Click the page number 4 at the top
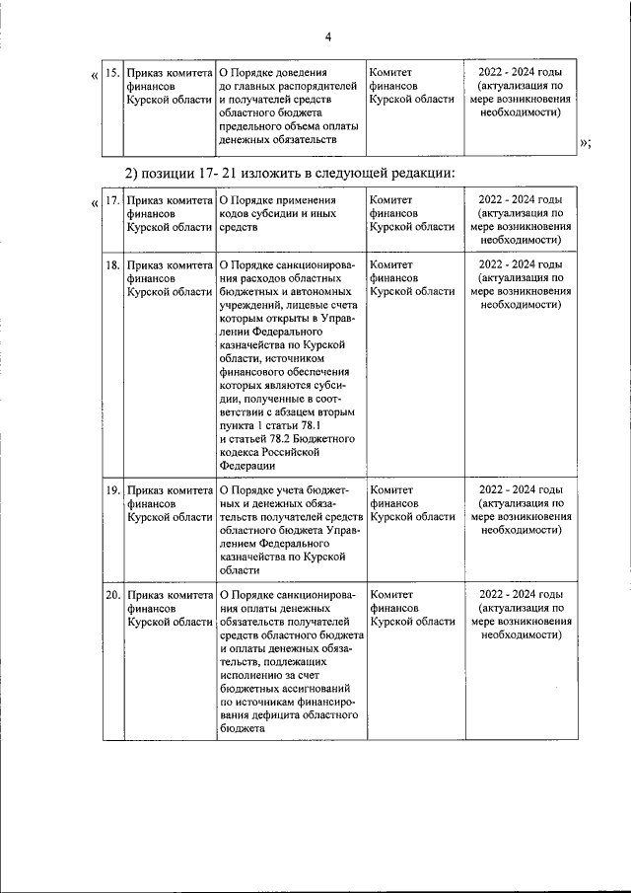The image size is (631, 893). (x=327, y=37)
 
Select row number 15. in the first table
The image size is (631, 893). (x=112, y=73)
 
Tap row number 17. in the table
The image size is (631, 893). (x=112, y=200)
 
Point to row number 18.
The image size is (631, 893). (x=112, y=265)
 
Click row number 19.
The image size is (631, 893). (x=112, y=489)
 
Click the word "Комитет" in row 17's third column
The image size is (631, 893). (x=390, y=200)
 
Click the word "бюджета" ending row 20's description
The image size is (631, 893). (x=242, y=729)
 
